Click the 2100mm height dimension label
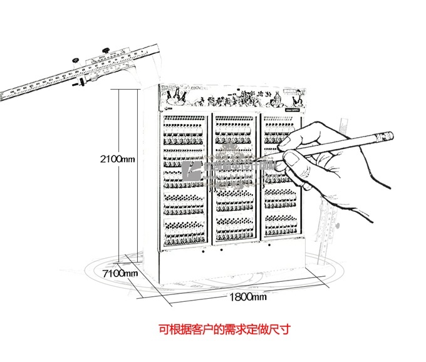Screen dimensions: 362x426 pyautogui.click(x=117, y=160)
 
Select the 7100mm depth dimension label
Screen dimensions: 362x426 pyautogui.click(x=120, y=272)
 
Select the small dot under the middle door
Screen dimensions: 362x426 pyautogui.click(x=223, y=251)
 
